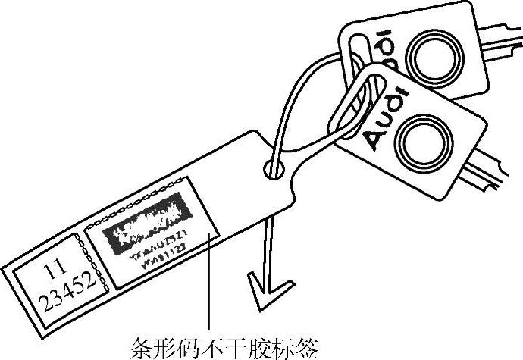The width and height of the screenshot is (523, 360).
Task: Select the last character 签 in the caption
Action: click(x=301, y=348)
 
